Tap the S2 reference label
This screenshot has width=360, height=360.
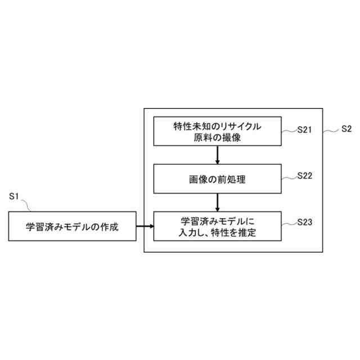(346, 128)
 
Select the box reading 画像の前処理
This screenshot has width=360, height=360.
(217, 180)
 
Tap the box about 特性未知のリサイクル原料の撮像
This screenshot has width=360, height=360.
(217, 132)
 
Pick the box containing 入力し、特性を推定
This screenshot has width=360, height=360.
(217, 226)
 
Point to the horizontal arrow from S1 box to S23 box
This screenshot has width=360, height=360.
(145, 227)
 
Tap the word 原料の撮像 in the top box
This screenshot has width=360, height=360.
(217, 137)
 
